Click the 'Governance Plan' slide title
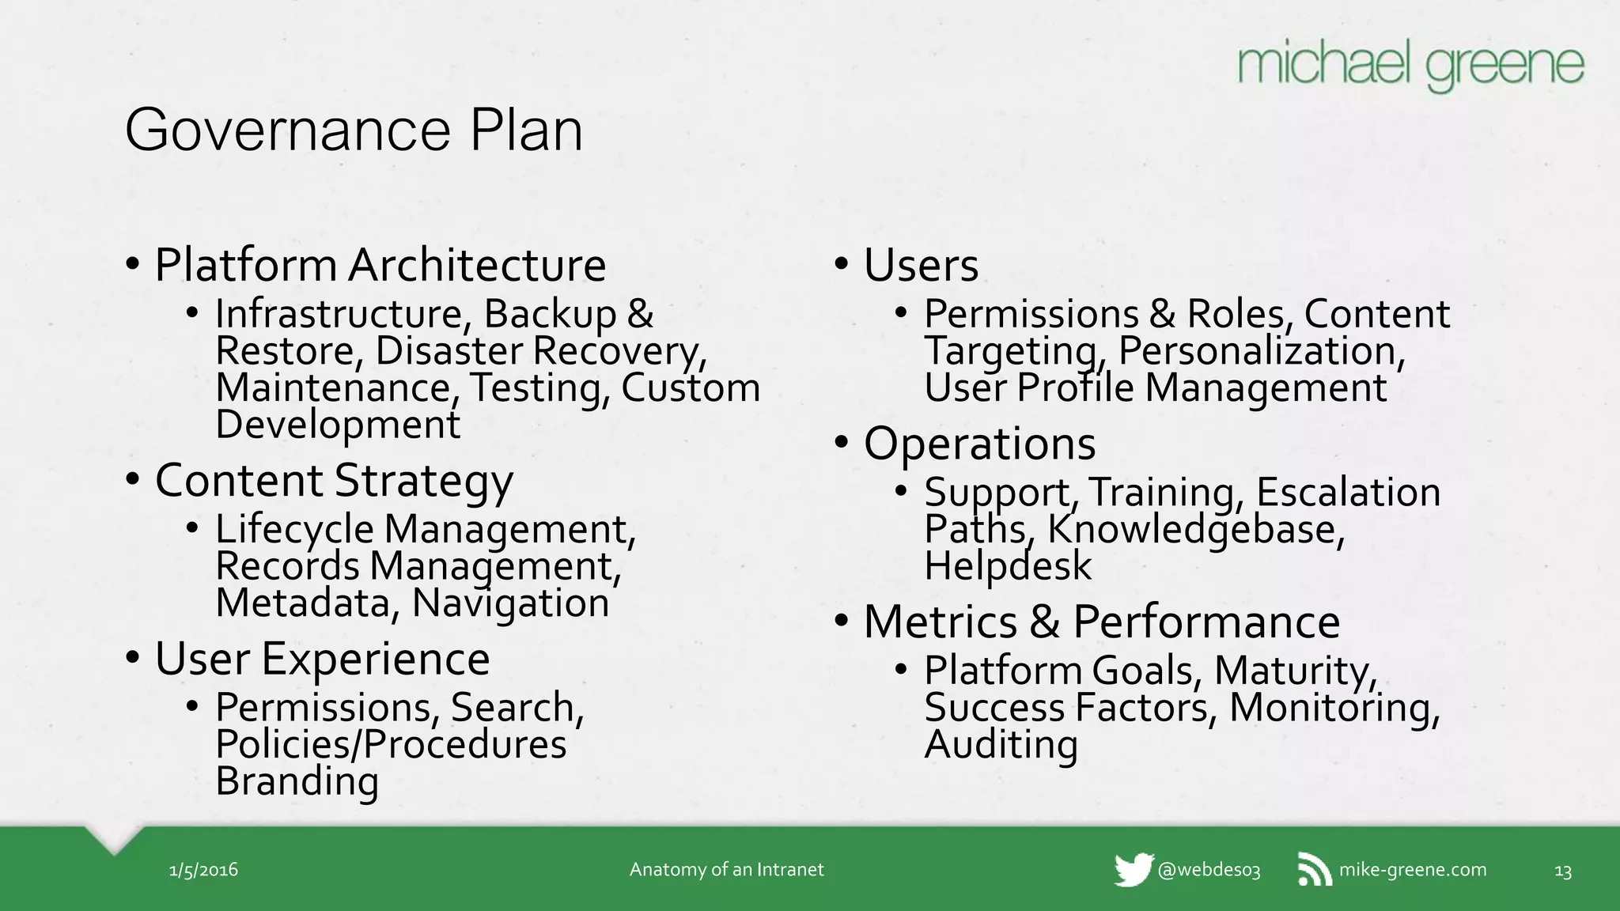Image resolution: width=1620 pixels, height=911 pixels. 354,130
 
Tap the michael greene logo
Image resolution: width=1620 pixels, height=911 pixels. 1410,67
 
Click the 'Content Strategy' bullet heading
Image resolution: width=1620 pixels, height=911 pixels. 334,480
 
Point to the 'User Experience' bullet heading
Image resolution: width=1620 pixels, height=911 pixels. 322,659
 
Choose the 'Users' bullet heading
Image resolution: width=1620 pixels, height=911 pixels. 921,265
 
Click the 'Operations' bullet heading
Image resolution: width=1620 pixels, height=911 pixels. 979,443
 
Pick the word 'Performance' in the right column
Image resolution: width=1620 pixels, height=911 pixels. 1206,622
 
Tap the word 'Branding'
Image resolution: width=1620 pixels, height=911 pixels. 297,781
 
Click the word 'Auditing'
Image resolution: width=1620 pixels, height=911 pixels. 1001,744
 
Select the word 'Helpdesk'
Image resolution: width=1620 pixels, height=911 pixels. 1008,566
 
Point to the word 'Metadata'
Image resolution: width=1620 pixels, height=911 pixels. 303,603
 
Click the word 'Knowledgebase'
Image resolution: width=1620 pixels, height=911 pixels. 1195,529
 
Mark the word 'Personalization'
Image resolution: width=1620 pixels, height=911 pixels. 1261,351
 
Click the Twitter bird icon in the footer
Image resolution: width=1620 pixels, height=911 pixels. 1133,870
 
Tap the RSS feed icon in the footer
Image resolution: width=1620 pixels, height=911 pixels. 1315,870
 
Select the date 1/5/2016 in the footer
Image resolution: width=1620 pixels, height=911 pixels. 203,870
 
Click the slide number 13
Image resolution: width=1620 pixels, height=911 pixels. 1562,871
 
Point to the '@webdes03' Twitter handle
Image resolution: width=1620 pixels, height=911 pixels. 1209,871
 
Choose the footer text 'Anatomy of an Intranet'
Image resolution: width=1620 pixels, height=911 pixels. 726,870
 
